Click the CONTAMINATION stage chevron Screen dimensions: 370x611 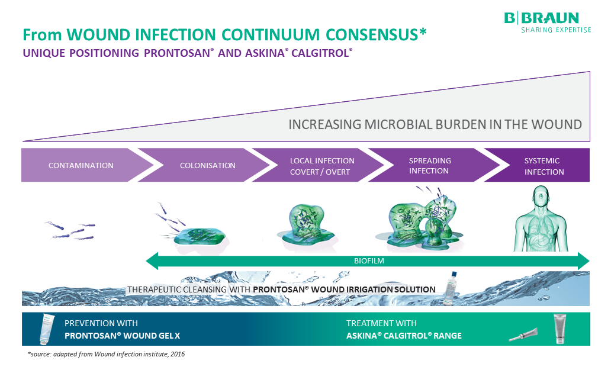(81, 165)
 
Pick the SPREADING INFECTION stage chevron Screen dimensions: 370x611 (429, 166)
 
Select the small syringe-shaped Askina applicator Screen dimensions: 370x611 (523, 335)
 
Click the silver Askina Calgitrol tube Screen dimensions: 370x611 (559, 329)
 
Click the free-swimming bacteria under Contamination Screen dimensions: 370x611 (71, 231)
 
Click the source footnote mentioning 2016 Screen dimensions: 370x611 (110, 354)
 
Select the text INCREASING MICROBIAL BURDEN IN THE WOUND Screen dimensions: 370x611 (435, 125)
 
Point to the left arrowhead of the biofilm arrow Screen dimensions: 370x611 (152, 260)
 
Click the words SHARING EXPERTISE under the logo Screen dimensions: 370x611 (555, 30)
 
